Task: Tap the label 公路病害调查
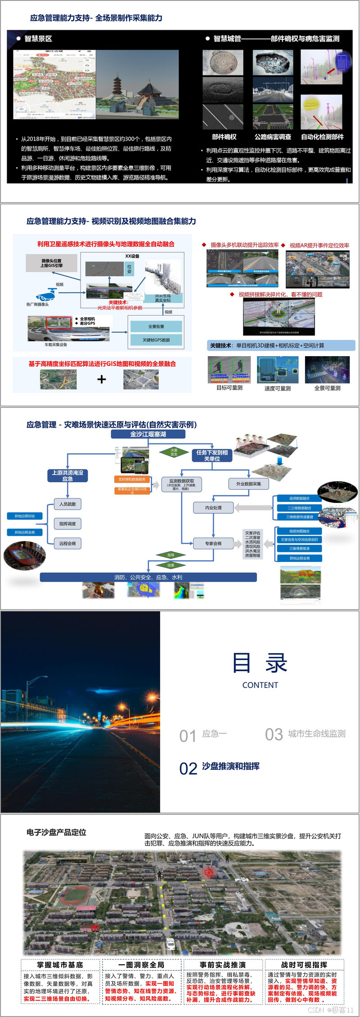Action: click(273, 137)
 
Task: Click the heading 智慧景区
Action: click(38, 39)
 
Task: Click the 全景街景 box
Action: click(156, 326)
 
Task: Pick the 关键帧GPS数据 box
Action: click(156, 340)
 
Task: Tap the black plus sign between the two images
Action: click(102, 380)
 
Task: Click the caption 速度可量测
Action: click(277, 389)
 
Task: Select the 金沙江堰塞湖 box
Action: click(148, 434)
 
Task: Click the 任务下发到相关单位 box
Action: click(212, 455)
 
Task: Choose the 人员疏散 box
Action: click(67, 504)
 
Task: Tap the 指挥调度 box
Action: click(67, 524)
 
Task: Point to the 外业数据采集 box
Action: click(248, 484)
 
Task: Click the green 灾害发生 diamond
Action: click(174, 452)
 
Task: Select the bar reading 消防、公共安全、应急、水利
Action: click(148, 577)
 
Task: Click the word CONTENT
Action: click(260, 685)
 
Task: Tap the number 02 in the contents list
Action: click(188, 768)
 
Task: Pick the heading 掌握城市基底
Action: click(60, 965)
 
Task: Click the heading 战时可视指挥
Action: click(304, 965)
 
